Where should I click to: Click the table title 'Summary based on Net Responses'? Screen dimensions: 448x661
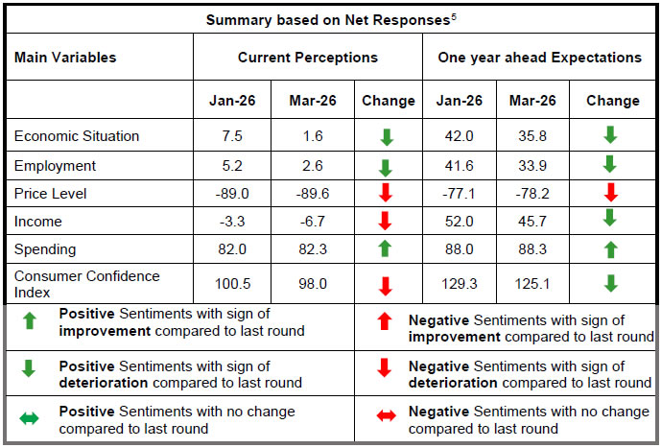(326, 19)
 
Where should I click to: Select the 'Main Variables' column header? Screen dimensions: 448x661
(65, 58)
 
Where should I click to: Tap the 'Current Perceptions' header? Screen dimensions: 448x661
(308, 58)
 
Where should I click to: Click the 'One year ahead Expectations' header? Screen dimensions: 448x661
(539, 58)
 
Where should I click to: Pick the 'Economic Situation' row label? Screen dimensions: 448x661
(77, 135)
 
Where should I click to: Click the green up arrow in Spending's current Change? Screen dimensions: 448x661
(388, 249)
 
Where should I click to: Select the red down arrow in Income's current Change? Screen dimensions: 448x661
(388, 222)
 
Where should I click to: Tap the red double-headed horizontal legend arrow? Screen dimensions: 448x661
(384, 419)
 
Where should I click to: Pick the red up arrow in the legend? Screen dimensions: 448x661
(384, 327)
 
